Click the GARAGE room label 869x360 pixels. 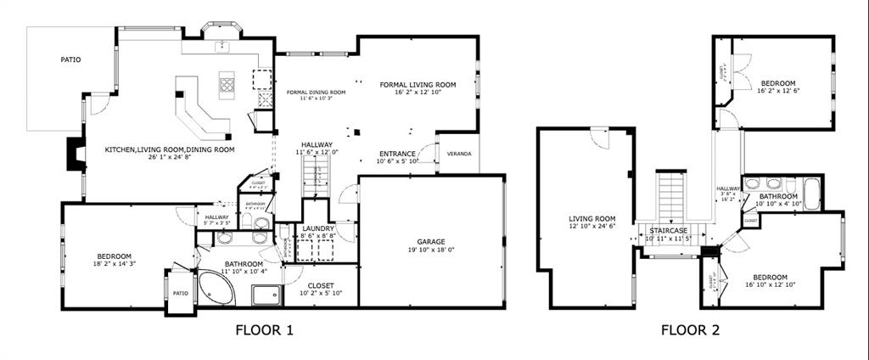[431, 242]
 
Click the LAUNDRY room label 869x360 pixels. [317, 228]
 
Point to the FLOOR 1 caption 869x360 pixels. [264, 330]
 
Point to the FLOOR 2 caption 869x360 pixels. [691, 330]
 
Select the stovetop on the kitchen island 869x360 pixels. [227, 82]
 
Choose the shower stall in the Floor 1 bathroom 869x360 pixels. [266, 295]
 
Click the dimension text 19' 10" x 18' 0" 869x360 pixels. [431, 250]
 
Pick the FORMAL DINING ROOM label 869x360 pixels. [316, 92]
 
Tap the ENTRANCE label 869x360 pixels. [397, 154]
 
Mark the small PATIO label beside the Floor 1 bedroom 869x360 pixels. [181, 294]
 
